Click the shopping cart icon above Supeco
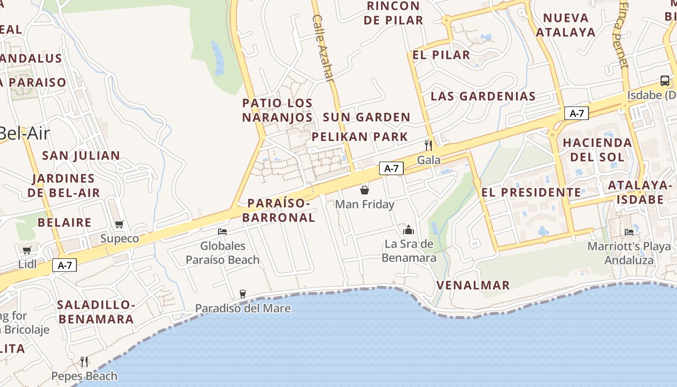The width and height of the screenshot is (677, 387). (x=119, y=224)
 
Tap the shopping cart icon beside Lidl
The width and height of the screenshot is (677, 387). (x=27, y=250)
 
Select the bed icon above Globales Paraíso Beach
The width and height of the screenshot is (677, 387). (x=222, y=231)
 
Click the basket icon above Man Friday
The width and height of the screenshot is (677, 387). (x=365, y=190)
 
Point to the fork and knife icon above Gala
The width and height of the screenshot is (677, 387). (x=428, y=145)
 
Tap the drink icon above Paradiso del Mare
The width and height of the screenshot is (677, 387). (x=243, y=294)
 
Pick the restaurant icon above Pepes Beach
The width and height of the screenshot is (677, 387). (x=84, y=361)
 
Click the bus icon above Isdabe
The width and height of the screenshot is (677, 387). (x=665, y=81)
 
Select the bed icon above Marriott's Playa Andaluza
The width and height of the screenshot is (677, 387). (x=629, y=232)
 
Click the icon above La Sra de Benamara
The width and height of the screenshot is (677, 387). (x=409, y=229)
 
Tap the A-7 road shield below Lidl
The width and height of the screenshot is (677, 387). (x=65, y=265)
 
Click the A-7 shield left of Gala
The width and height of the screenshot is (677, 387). (x=391, y=168)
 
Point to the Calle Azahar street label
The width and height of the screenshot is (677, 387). (x=323, y=47)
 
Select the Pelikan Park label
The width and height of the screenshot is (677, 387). (x=360, y=136)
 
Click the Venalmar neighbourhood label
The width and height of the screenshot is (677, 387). (x=473, y=285)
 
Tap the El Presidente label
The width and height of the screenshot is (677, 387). (x=531, y=192)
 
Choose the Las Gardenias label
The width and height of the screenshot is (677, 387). (x=483, y=96)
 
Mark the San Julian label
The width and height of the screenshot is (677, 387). (x=81, y=155)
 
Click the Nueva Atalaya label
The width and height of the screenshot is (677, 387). (x=565, y=25)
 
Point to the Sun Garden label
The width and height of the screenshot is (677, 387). (x=366, y=117)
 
